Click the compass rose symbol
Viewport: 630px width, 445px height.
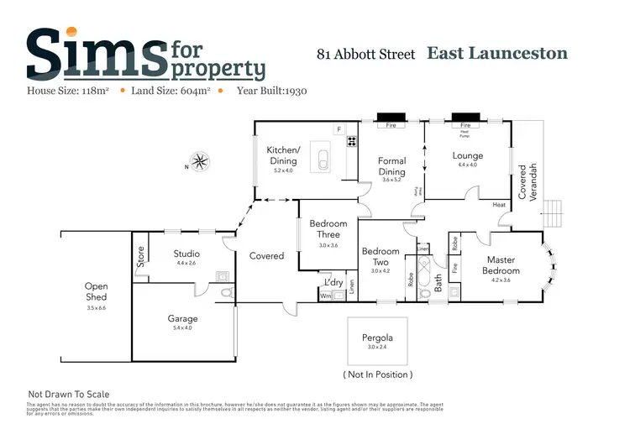(x=199, y=160)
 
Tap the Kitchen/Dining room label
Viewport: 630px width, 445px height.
(x=281, y=155)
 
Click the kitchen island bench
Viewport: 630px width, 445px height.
(x=322, y=154)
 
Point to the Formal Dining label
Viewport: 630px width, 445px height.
(x=391, y=166)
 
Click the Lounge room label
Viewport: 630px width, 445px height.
(x=467, y=155)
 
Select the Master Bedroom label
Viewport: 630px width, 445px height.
(x=501, y=265)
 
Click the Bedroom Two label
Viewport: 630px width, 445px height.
(x=381, y=256)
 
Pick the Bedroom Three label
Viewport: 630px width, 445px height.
(x=328, y=229)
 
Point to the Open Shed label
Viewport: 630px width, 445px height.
(x=97, y=291)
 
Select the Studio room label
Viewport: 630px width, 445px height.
(x=186, y=253)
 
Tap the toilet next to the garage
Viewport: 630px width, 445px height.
(x=224, y=291)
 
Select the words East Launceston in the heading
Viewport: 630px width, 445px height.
(x=497, y=54)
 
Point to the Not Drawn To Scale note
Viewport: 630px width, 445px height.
(x=69, y=394)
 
